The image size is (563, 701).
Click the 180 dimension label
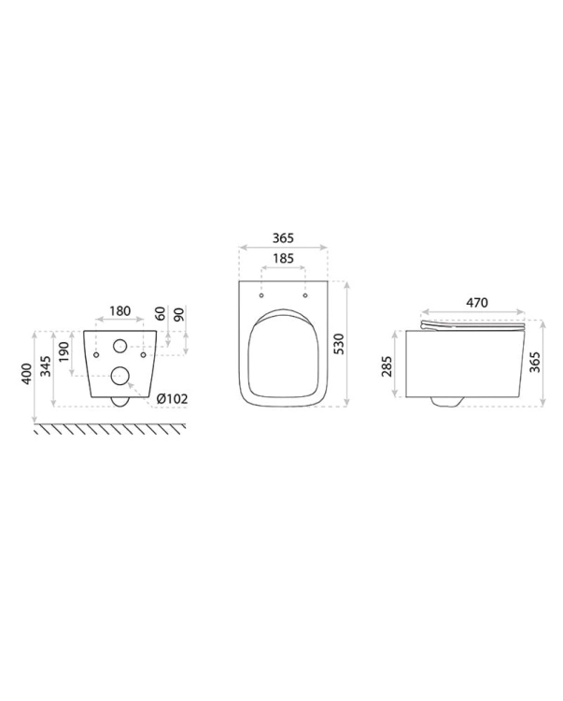pos(120,310)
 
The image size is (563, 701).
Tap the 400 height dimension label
pos(26,374)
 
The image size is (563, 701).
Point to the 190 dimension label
pos(64,351)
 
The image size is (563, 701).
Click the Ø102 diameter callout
pos(172,398)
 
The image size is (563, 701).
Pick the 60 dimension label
pos(161,313)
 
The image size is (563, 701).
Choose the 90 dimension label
pos(179,313)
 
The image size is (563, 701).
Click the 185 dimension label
pos(283,258)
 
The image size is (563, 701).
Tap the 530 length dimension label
pos(340,344)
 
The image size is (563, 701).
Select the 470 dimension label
pos(477,303)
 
